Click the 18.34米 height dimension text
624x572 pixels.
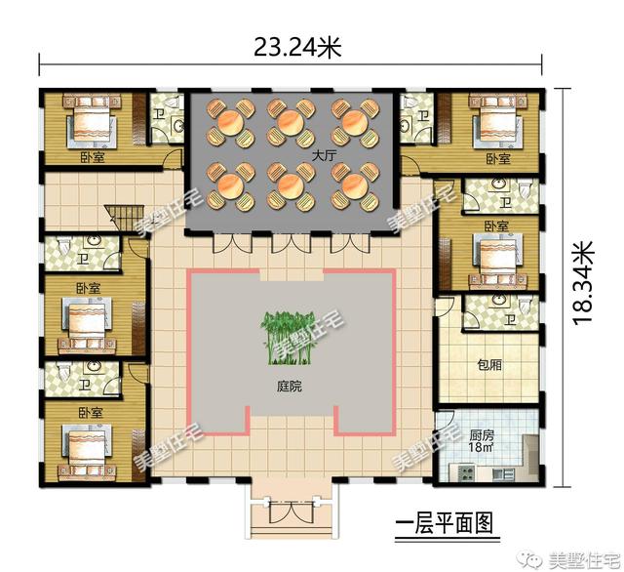click(584, 282)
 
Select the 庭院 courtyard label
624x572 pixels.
click(290, 387)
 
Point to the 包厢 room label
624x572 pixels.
click(488, 365)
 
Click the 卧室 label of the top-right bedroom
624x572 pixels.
click(497, 158)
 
